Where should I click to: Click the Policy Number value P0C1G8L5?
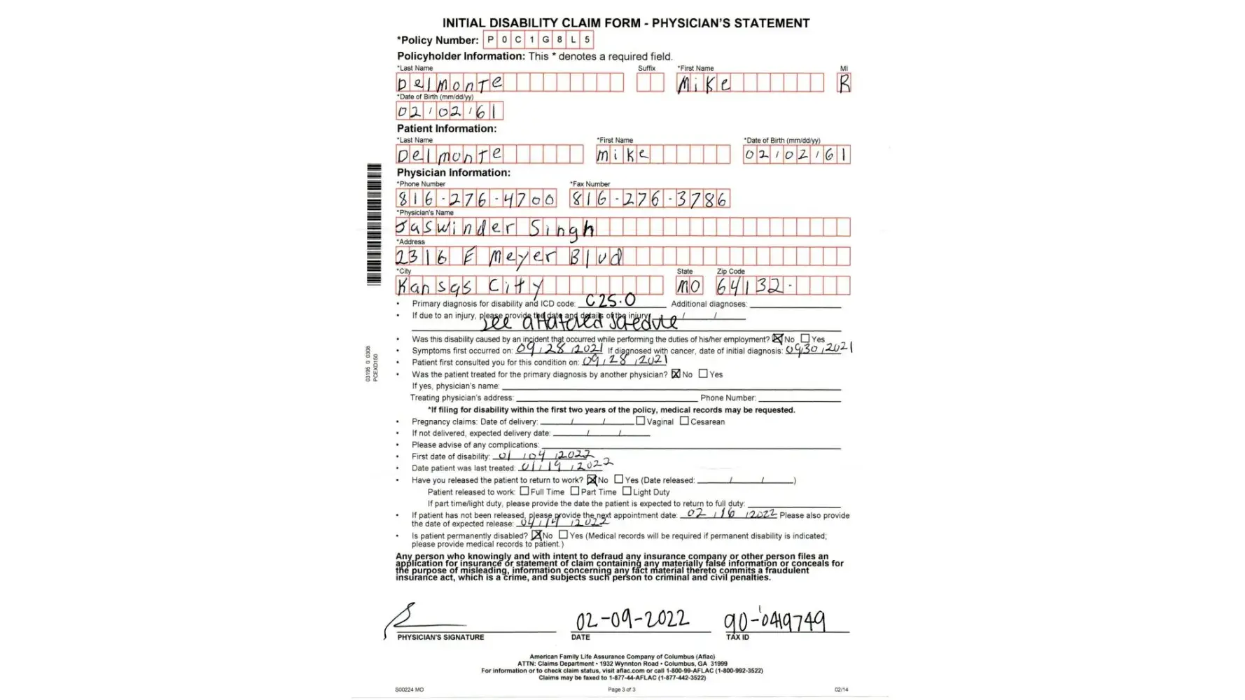[538, 40]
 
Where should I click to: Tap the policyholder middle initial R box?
[844, 83]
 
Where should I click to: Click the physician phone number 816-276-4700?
[476, 199]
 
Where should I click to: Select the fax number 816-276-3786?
[649, 199]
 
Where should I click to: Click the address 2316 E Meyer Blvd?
[508, 256]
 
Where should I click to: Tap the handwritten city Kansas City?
[470, 286]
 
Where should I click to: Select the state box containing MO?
[688, 286]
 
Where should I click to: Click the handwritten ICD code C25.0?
[611, 301]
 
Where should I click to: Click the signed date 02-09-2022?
[632, 620]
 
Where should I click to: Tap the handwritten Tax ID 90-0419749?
[774, 621]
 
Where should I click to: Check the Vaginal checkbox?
[641, 421]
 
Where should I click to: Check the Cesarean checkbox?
[684, 421]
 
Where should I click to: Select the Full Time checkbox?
[524, 491]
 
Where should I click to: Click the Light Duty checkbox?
[627, 491]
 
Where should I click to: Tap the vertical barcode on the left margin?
[374, 224]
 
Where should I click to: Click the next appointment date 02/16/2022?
[730, 513]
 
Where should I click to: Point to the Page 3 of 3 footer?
[622, 689]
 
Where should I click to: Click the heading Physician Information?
[454, 172]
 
